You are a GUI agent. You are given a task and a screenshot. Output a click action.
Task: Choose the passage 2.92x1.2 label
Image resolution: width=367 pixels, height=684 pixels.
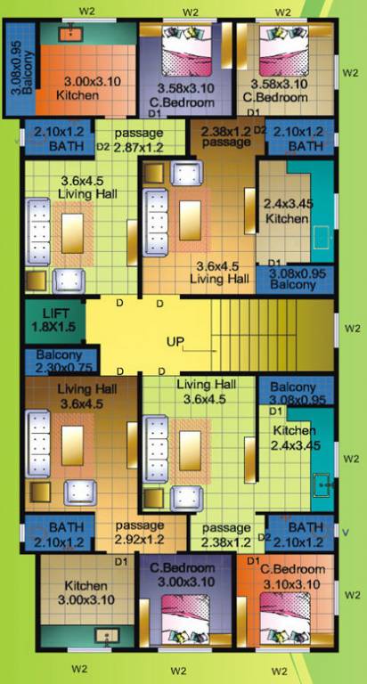coord(139,532)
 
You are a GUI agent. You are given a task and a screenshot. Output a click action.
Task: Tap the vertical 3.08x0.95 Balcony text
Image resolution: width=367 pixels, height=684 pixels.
coord(16,66)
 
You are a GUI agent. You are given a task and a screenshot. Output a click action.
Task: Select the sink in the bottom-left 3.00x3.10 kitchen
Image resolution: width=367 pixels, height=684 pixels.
coord(107,636)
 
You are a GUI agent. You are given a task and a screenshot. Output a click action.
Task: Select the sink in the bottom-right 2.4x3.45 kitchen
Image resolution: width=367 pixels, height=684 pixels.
coord(322,485)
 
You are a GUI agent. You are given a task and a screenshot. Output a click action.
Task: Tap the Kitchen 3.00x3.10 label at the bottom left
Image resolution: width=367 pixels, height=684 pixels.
coord(86,592)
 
